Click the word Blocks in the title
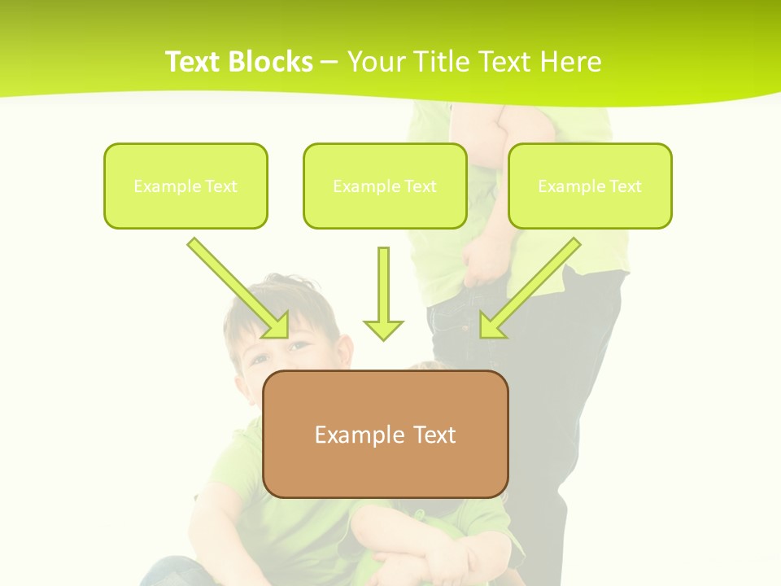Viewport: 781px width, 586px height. tap(272, 62)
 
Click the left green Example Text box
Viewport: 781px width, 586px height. tap(185, 186)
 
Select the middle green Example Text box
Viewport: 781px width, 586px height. tap(385, 186)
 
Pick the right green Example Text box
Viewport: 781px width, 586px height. tap(590, 186)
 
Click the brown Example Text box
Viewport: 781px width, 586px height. tap(385, 434)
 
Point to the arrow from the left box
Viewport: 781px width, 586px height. tap(236, 286)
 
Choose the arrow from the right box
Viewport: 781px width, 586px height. tap(533, 285)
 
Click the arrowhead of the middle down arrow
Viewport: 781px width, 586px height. tap(383, 329)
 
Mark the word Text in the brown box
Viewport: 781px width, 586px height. tap(434, 435)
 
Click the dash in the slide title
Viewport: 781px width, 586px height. tap(330, 62)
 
